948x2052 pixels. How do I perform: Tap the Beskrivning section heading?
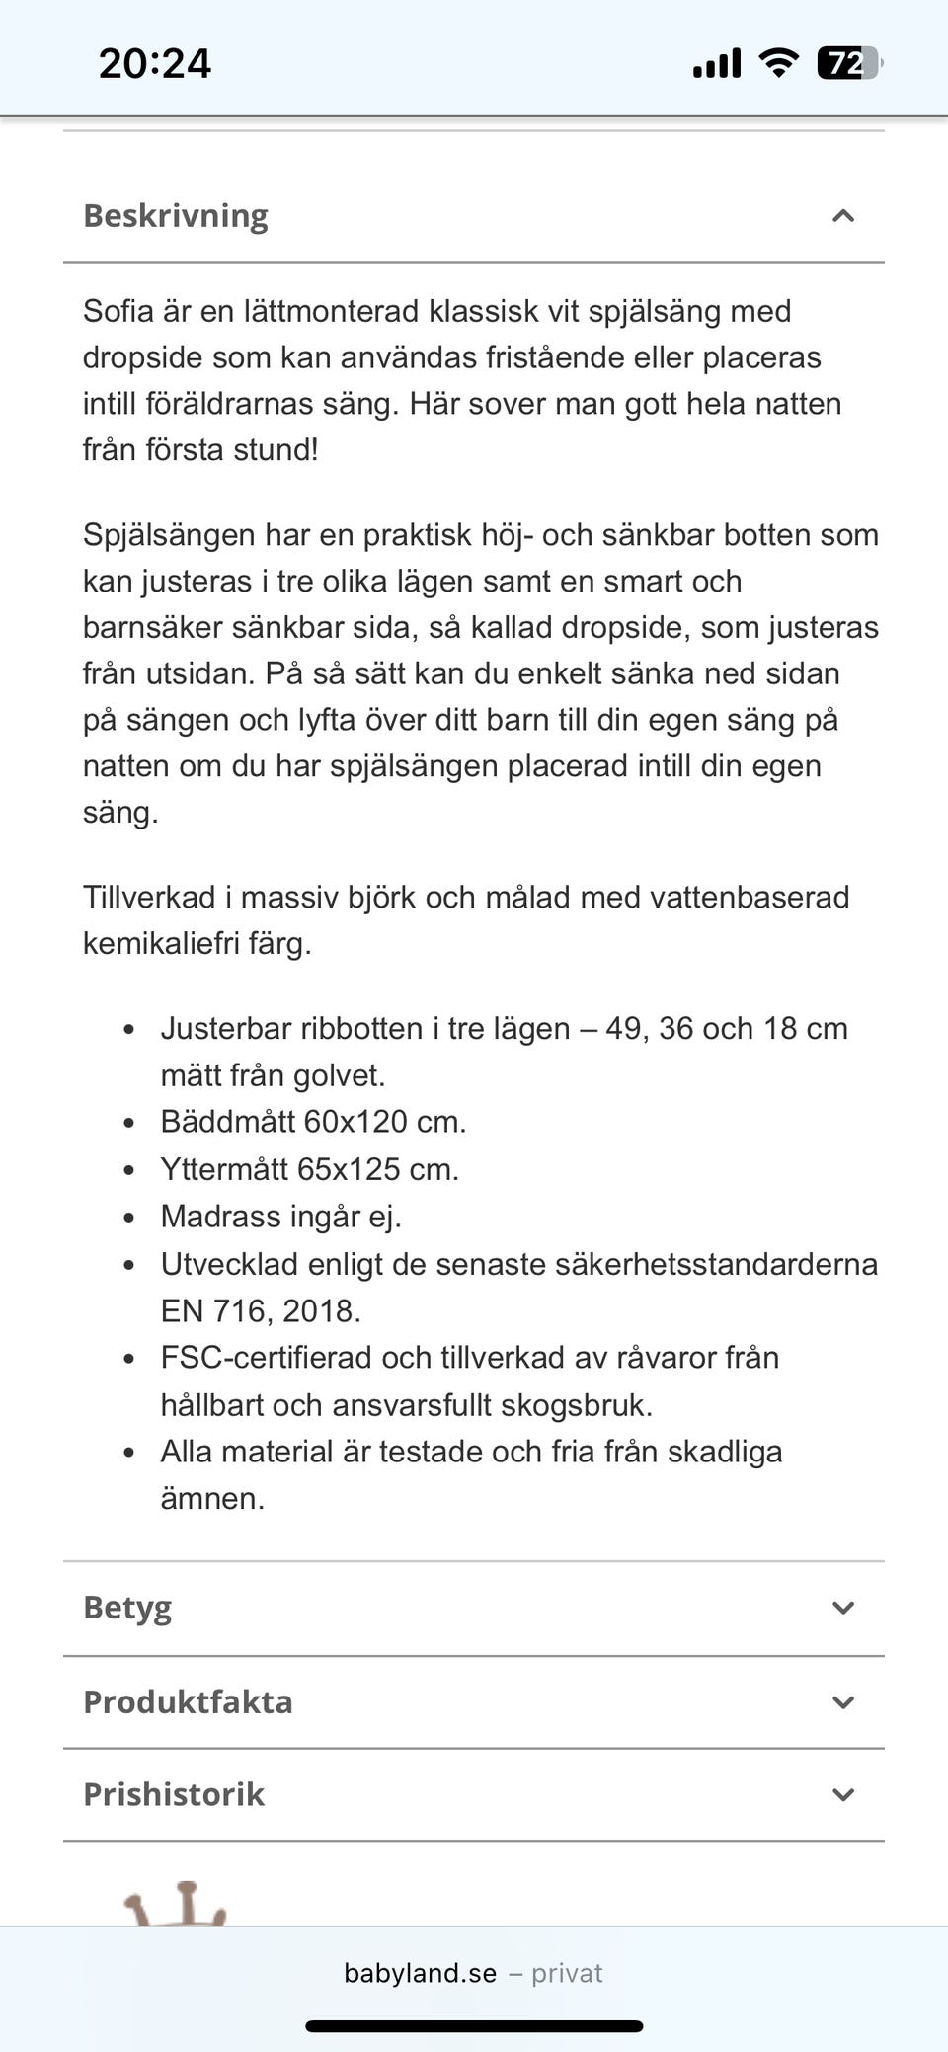click(x=176, y=216)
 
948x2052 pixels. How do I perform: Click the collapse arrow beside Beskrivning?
click(x=843, y=216)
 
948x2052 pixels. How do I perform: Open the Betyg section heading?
click(x=127, y=1608)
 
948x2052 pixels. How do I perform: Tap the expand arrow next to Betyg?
click(x=843, y=1608)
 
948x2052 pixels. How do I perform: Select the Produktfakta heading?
click(x=188, y=1702)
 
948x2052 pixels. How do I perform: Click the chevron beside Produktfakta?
click(x=843, y=1702)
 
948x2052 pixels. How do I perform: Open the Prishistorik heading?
click(x=174, y=1794)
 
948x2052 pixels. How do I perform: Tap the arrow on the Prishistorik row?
click(x=843, y=1794)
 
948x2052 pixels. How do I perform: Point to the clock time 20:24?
click(x=155, y=64)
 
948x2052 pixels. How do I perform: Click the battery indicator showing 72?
click(x=848, y=64)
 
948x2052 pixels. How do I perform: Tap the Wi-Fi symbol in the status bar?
click(x=778, y=63)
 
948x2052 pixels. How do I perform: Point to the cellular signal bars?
click(x=717, y=64)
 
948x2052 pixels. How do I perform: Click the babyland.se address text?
click(x=421, y=1973)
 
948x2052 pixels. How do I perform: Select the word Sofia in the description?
click(x=118, y=311)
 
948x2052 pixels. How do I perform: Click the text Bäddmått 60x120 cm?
click(x=313, y=1122)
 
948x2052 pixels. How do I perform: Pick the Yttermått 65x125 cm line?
click(x=309, y=1169)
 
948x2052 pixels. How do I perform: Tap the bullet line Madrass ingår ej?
click(x=280, y=1217)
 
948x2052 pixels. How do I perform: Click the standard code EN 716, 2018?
click(x=261, y=1310)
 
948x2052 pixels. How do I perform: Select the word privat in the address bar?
click(x=567, y=1973)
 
